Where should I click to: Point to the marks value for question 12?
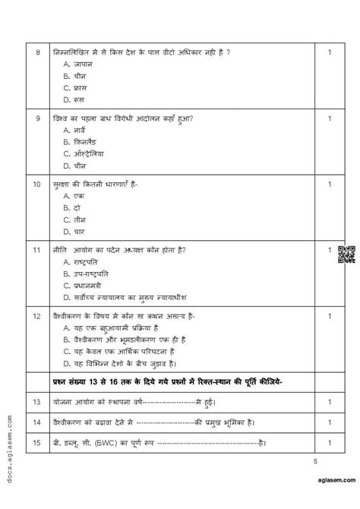pos(329,315)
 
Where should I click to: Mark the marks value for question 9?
pos(329,119)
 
